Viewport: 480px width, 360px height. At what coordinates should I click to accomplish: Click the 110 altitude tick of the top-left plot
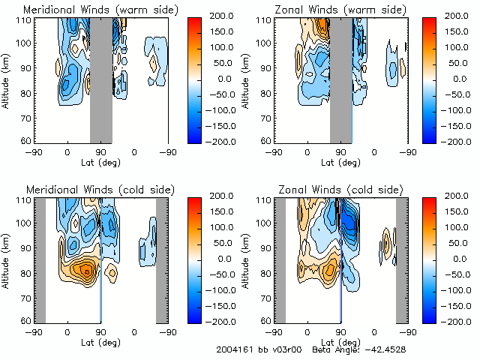click(24, 19)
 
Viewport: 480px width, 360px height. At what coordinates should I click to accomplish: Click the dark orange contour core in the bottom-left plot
click(87, 271)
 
